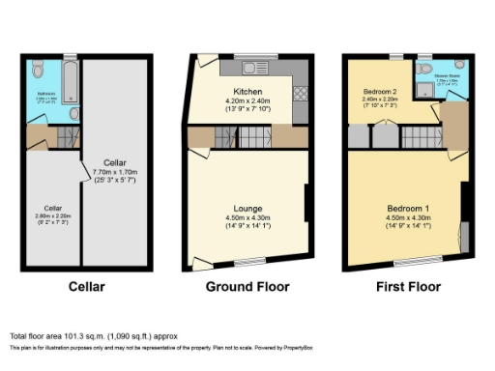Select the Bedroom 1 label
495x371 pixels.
tap(407, 208)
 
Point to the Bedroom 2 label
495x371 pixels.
tap(376, 90)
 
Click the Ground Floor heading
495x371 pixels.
tap(248, 287)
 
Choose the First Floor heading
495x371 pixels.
tap(407, 287)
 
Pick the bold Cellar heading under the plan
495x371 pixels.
tap(88, 287)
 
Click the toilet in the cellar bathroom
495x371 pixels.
tap(35, 71)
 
